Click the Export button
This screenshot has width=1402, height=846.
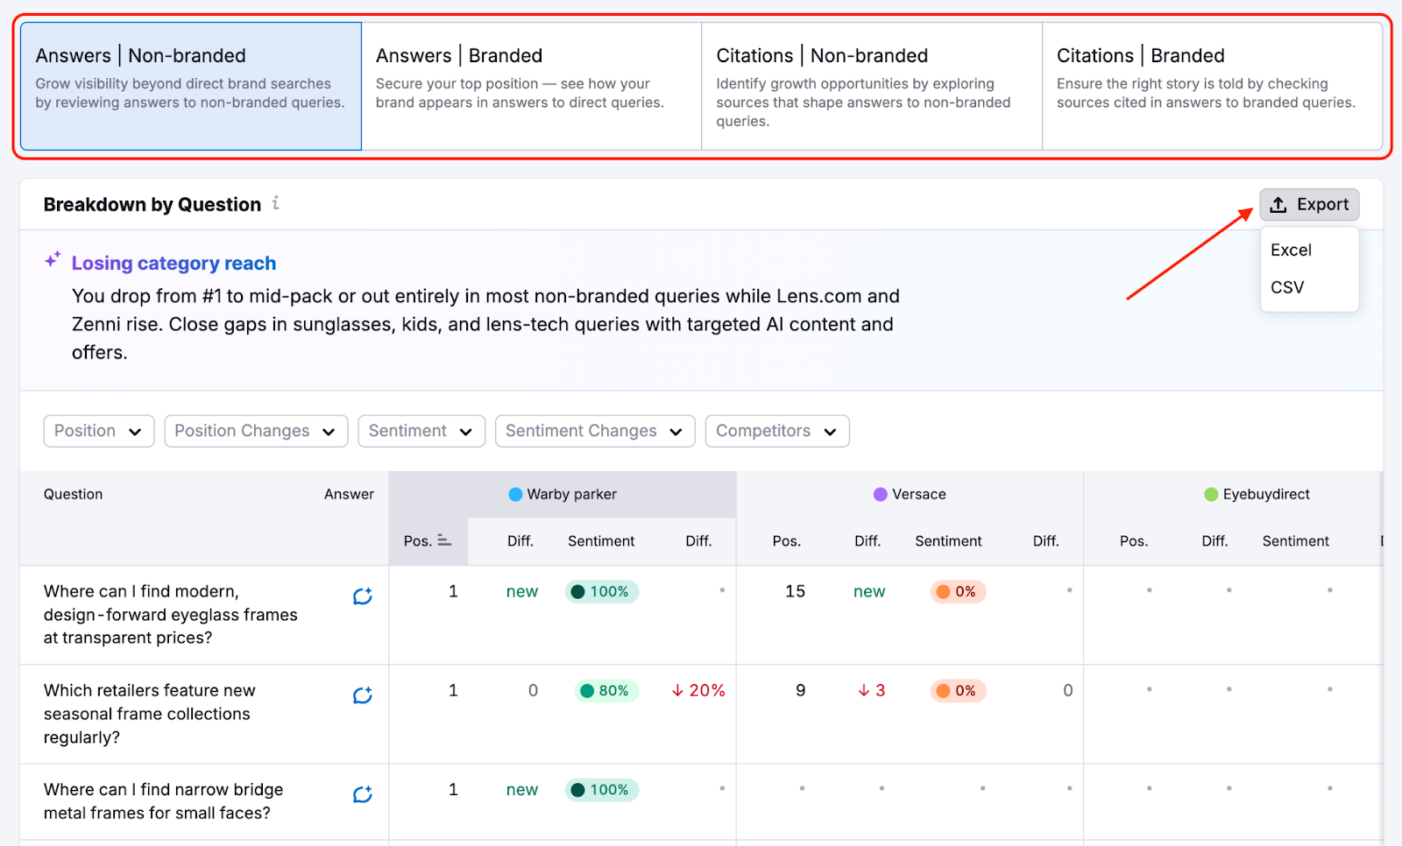click(x=1309, y=205)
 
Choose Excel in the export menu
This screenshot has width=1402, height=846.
click(x=1291, y=250)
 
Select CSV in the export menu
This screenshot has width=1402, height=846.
click(x=1287, y=287)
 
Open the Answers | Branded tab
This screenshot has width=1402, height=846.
click(x=531, y=86)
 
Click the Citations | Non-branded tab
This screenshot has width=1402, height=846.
click(x=871, y=86)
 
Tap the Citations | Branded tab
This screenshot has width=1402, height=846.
click(x=1211, y=86)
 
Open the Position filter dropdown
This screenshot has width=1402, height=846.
click(x=98, y=431)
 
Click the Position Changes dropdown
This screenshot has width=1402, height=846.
click(x=255, y=431)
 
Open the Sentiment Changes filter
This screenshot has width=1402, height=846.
click(x=594, y=431)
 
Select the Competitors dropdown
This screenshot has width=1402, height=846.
click(x=776, y=431)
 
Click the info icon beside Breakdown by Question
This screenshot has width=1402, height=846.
click(x=276, y=203)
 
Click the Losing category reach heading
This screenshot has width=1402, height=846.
click(x=173, y=264)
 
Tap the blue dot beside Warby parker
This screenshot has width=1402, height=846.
click(x=515, y=495)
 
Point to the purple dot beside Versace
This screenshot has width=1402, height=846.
click(x=881, y=495)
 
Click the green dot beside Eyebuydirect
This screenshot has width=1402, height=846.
click(x=1211, y=495)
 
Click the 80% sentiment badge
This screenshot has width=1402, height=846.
click(x=605, y=691)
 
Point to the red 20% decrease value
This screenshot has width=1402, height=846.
click(x=698, y=691)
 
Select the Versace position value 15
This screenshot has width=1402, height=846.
click(x=795, y=592)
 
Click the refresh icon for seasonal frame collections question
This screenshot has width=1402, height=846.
click(x=362, y=695)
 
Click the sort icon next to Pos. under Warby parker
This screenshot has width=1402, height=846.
click(x=444, y=541)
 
